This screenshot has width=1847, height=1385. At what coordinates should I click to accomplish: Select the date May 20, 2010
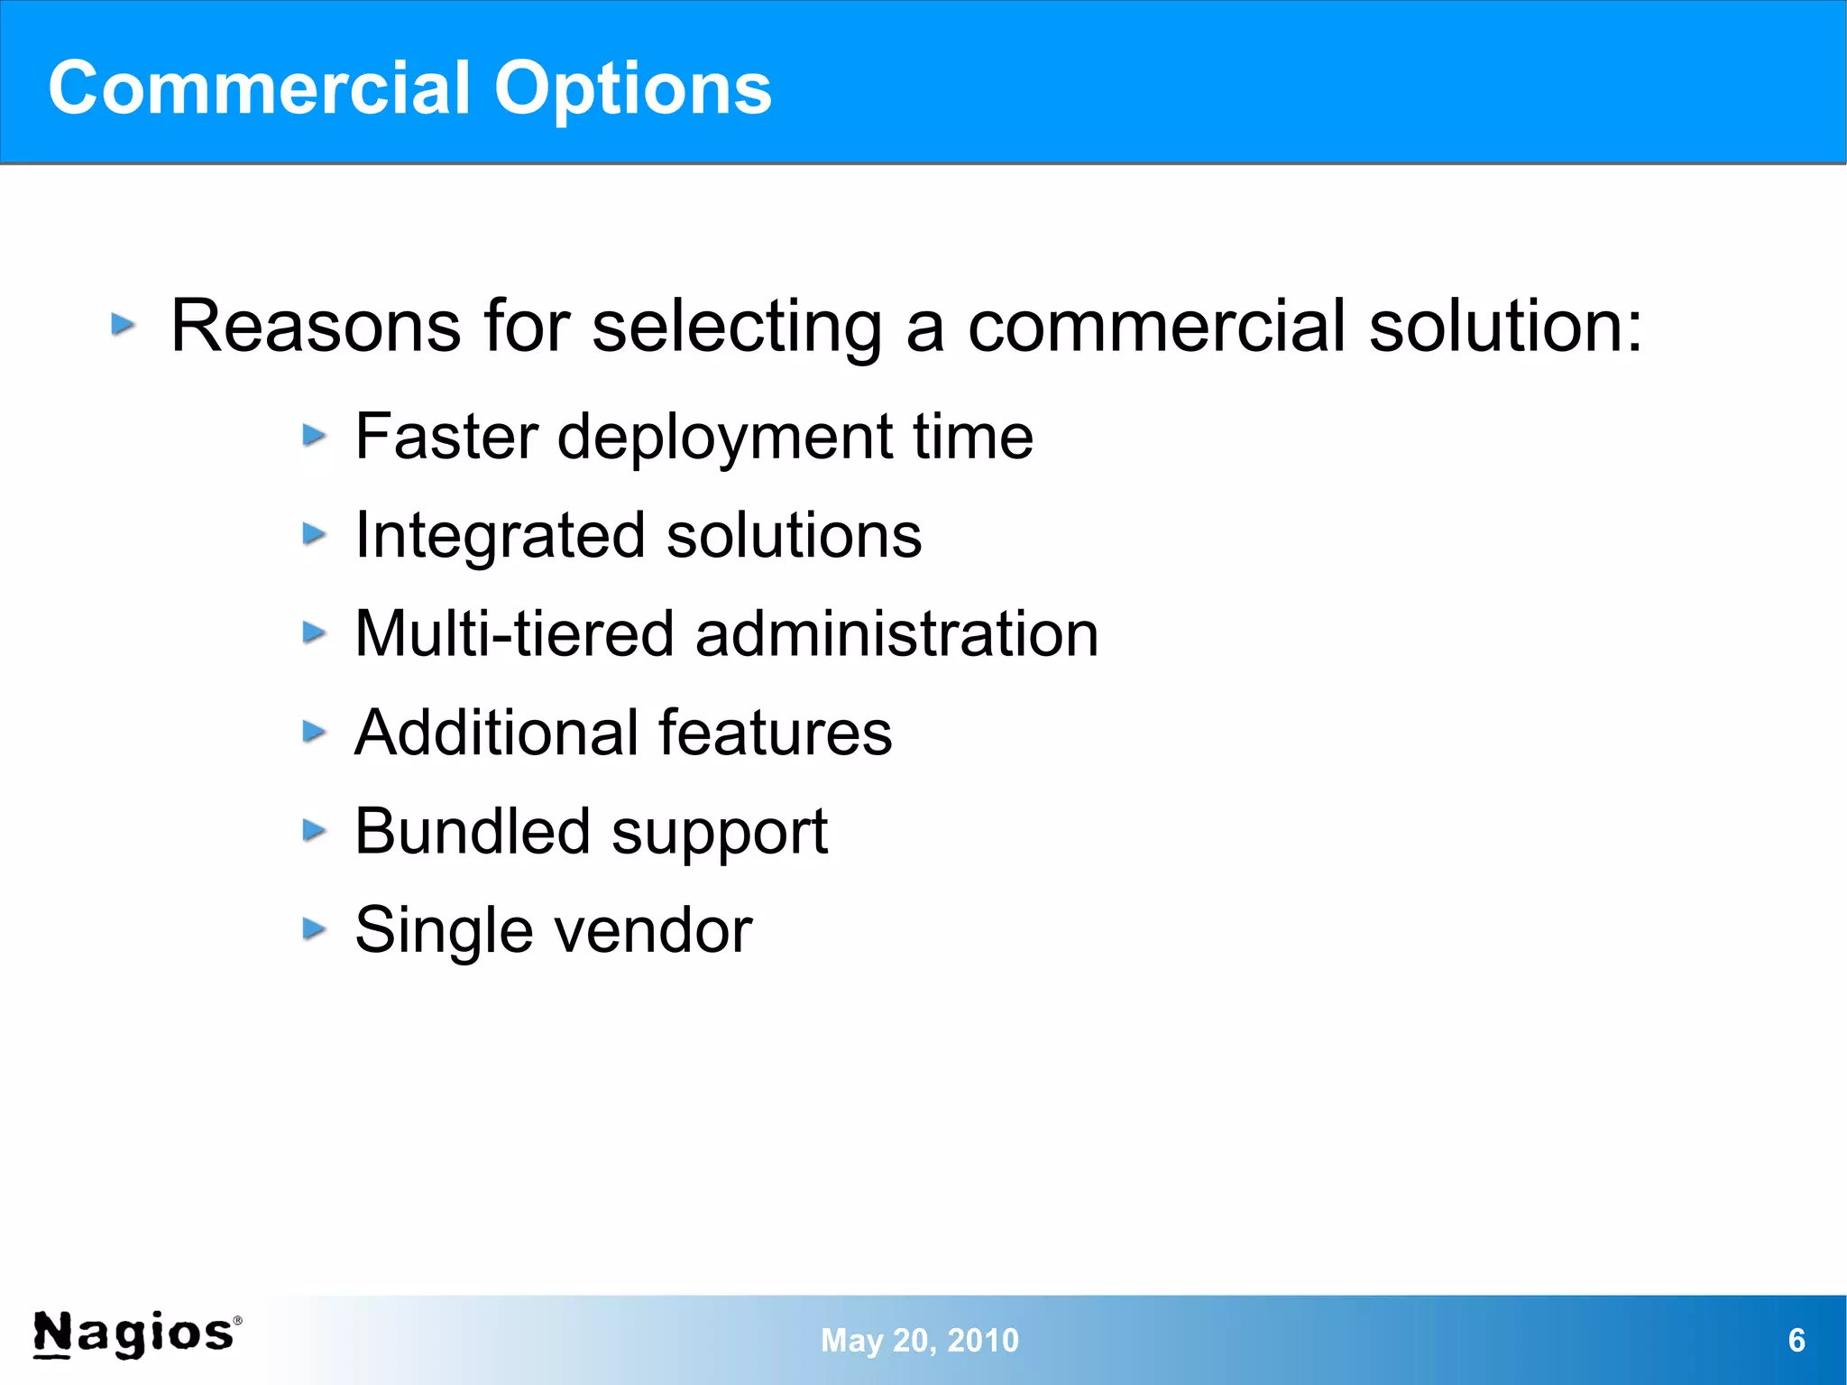tap(919, 1340)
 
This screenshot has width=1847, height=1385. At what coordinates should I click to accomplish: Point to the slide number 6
tap(1796, 1340)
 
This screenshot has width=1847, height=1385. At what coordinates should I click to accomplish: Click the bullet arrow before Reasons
tap(124, 324)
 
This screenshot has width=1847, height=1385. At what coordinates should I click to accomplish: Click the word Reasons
tap(316, 326)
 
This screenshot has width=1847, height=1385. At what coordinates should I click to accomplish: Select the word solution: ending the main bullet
tap(1505, 326)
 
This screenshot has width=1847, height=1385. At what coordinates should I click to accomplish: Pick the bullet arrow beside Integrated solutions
tap(313, 534)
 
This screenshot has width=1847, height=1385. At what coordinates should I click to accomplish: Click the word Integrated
tap(500, 537)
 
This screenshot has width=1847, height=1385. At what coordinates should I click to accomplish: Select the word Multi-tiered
tap(514, 633)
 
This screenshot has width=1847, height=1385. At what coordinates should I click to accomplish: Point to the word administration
tap(896, 633)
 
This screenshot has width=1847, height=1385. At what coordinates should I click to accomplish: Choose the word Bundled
tap(472, 831)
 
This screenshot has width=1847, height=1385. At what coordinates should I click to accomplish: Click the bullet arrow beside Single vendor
tap(313, 928)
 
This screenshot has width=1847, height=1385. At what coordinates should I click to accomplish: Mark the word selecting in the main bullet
tap(737, 328)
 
